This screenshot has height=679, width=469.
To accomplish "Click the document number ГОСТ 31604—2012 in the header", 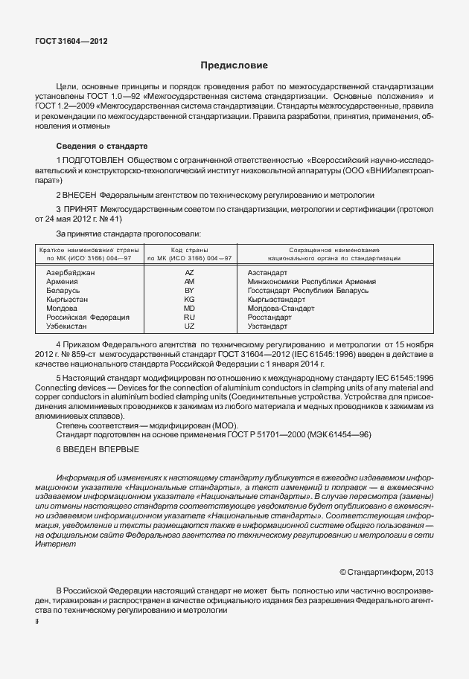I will pos(71,42).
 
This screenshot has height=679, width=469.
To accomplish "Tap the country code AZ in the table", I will pos(189,273).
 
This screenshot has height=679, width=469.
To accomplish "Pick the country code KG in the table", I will pos(189,299).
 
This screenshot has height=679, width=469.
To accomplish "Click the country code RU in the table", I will pos(189,317).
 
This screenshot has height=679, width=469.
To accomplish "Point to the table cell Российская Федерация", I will pos(88,317).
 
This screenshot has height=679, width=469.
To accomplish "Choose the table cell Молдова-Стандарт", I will pos(281,308).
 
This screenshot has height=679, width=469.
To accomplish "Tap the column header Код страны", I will pos(189,250).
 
